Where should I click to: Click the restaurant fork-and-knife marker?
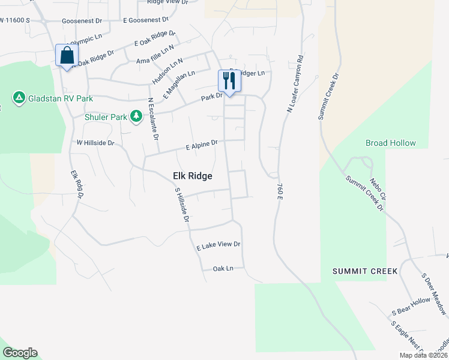(228, 80)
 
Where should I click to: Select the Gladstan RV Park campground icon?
(19, 97)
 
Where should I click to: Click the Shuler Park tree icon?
(136, 116)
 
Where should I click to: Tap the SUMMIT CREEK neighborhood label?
(365, 271)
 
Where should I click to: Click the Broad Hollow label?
(391, 143)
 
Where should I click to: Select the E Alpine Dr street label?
(201, 145)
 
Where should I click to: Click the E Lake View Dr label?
(218, 245)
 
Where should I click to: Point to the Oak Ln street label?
(223, 269)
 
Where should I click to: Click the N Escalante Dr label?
(152, 118)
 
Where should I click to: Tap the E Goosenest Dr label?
(145, 20)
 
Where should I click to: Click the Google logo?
(20, 353)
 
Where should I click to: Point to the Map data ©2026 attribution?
(423, 355)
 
